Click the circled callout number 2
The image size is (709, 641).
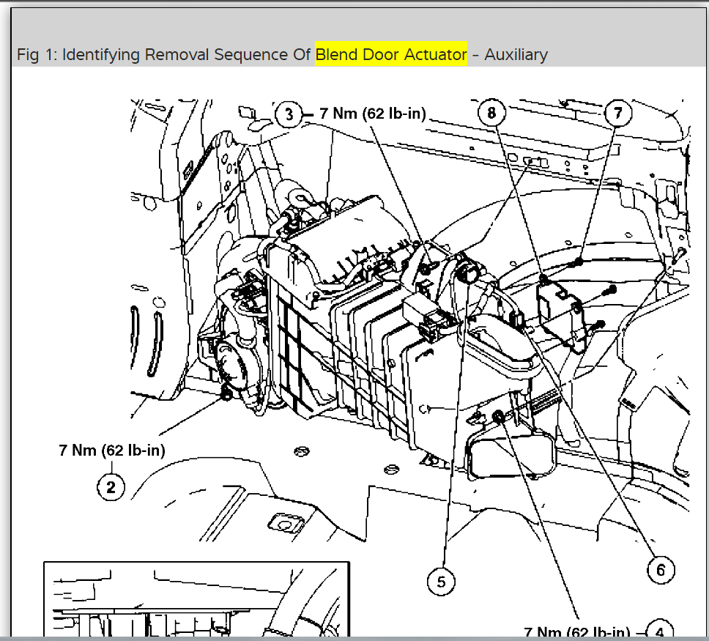111,486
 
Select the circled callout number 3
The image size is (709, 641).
290,114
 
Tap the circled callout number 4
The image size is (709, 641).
660,631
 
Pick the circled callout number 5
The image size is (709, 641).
441,582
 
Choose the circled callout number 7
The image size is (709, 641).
618,113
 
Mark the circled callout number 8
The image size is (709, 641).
492,113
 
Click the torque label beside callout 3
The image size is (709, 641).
373,114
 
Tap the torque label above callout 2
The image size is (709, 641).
112,451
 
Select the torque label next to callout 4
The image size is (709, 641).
577,631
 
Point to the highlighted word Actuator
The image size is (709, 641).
437,55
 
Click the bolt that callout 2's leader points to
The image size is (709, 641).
226,396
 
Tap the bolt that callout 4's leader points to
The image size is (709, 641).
497,418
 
